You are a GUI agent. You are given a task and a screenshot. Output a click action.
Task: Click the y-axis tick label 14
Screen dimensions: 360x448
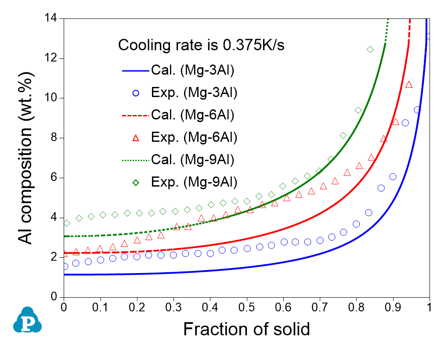click(x=52, y=18)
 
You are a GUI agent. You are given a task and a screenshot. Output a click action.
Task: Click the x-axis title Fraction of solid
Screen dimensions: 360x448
click(x=246, y=329)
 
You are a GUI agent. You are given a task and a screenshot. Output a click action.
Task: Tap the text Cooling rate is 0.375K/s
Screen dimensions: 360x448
click(x=202, y=45)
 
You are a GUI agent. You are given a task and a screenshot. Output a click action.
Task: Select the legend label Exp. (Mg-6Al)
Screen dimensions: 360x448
click(x=194, y=137)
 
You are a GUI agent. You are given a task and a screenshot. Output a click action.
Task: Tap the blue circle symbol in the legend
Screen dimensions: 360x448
click(x=136, y=93)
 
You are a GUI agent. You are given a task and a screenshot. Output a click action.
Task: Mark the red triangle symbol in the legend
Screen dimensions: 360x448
click(x=136, y=138)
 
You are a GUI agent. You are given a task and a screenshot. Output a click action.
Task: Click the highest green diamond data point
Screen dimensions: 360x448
click(x=370, y=49)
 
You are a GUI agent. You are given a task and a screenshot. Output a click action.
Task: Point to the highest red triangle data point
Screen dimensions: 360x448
click(x=409, y=84)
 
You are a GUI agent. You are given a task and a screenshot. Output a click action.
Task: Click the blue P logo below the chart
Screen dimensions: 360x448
click(x=27, y=320)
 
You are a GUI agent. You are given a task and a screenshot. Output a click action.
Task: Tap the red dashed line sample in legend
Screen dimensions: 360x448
click(x=136, y=115)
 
